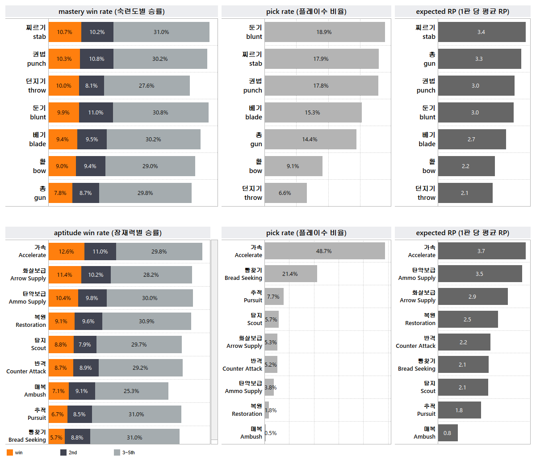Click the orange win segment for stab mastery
[x=65, y=32]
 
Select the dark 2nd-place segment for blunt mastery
[x=96, y=113]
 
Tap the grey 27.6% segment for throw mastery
[x=147, y=86]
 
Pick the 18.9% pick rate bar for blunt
[x=324, y=32]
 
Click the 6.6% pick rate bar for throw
[x=285, y=193]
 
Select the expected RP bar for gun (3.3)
[x=479, y=59]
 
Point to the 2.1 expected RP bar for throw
[x=465, y=193]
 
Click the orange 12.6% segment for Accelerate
[x=66, y=252]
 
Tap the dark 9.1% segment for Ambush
[x=82, y=391]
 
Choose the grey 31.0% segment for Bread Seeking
[x=134, y=437]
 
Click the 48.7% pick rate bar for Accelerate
[x=324, y=251]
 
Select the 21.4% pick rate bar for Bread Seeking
[x=290, y=274]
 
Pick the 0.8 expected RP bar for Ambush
[x=448, y=433]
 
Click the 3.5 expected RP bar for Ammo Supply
[x=479, y=274]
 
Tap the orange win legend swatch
[x=10, y=452]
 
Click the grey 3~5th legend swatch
[x=117, y=452]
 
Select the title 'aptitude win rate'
[x=108, y=232]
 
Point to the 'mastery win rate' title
[x=112, y=12]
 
